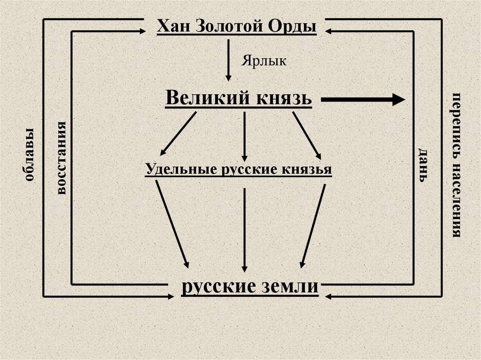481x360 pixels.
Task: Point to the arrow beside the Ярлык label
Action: pyautogui.click(x=229, y=60)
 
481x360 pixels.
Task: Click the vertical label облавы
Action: pyautogui.click(x=28, y=155)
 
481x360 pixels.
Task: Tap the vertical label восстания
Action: pyautogui.click(x=61, y=157)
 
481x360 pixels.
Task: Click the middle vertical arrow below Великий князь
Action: pyautogui.click(x=244, y=136)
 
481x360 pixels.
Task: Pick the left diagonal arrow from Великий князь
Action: pyautogui.click(x=178, y=133)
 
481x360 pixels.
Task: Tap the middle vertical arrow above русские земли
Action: pyautogui.click(x=244, y=230)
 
